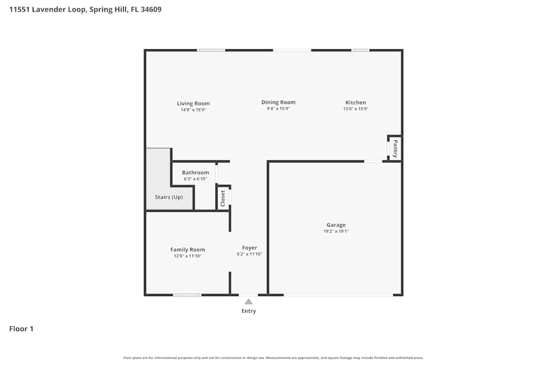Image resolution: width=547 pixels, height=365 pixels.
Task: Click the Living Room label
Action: (x=193, y=103)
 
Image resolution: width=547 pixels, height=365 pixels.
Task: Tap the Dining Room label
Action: (x=278, y=102)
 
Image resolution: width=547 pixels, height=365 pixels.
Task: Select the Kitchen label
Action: (x=356, y=102)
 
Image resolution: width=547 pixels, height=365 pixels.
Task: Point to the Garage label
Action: (x=336, y=225)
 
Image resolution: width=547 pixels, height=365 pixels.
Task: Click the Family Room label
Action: (x=188, y=250)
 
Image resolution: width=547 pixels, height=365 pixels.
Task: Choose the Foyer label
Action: (x=249, y=248)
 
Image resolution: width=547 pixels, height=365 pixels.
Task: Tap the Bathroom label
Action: (x=195, y=172)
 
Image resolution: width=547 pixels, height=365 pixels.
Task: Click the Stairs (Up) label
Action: (x=169, y=197)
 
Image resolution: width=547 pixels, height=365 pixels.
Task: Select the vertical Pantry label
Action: (x=395, y=148)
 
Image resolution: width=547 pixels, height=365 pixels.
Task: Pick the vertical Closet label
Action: (x=223, y=198)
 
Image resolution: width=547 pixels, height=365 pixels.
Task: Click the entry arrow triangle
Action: (x=248, y=302)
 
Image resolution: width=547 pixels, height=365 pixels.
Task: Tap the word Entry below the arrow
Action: (x=248, y=311)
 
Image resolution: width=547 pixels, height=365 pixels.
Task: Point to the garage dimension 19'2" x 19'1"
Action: (x=336, y=231)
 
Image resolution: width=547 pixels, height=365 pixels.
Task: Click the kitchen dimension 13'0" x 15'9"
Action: (x=356, y=109)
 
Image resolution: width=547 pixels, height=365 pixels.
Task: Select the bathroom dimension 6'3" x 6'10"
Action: (x=195, y=179)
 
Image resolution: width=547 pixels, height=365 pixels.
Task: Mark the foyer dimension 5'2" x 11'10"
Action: (x=249, y=254)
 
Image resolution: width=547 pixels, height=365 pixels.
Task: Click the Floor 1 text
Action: (x=21, y=329)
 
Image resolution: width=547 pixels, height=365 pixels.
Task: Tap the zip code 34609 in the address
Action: (x=150, y=9)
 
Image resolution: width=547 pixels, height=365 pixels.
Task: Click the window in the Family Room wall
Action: (x=187, y=295)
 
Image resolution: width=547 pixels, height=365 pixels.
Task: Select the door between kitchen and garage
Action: (x=373, y=161)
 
